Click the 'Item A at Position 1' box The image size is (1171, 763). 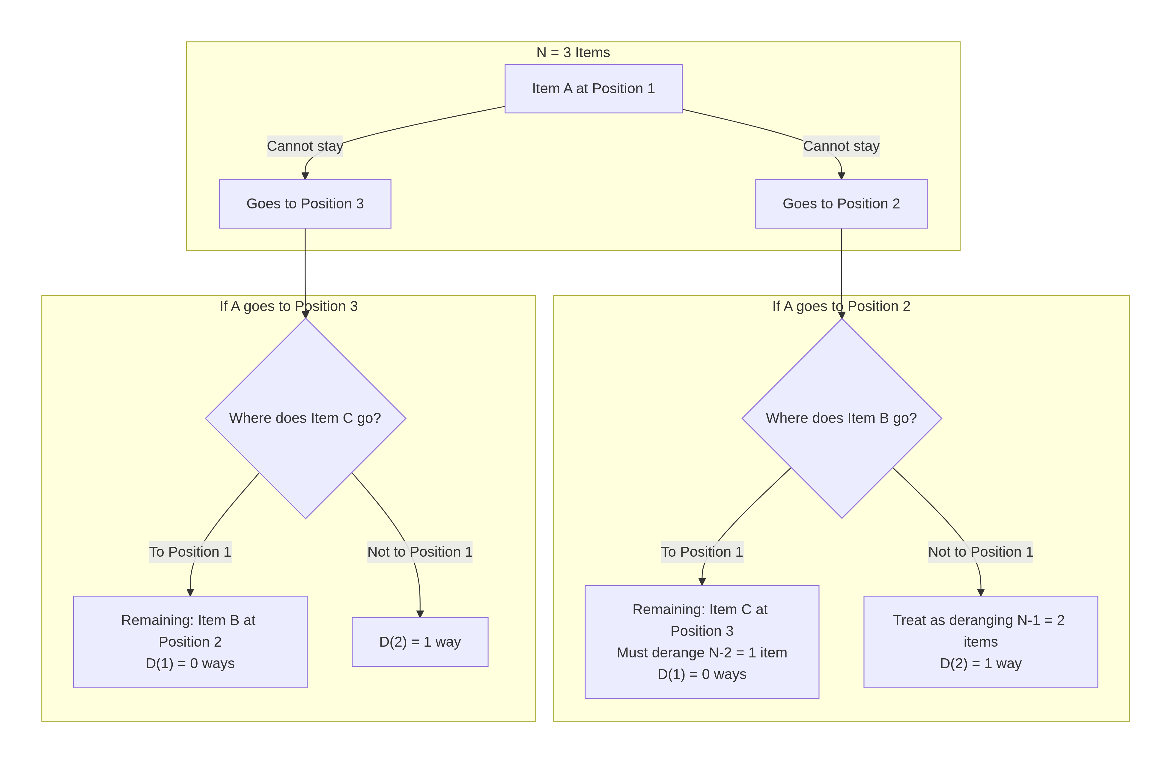(593, 88)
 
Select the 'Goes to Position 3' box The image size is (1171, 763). (305, 204)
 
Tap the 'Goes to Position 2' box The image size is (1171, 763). (841, 204)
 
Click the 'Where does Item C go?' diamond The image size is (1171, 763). (305, 418)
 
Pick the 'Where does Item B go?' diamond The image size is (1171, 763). (841, 418)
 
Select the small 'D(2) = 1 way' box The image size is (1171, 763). (420, 642)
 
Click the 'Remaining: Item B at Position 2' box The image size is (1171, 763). (190, 642)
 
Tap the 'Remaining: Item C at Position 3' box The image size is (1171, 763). (702, 642)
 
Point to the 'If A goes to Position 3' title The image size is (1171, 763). (288, 306)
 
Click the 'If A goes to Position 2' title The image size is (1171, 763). (841, 306)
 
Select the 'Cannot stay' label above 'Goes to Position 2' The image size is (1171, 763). (841, 146)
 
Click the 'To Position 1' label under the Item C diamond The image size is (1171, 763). (190, 552)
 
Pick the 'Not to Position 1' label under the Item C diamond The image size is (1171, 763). (420, 552)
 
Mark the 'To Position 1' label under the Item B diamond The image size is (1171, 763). (702, 552)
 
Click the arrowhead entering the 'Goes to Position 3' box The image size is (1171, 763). (305, 176)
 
